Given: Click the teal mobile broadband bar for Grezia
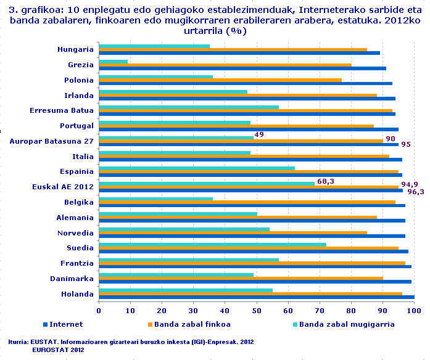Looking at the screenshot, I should pyautogui.click(x=114, y=61).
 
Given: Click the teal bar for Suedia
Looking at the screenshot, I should pyautogui.click(x=212, y=244).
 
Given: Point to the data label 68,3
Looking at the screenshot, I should pyautogui.click(x=326, y=181).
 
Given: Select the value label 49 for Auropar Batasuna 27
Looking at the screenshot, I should pyautogui.click(x=259, y=135).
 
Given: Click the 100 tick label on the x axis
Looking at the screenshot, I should pyautogui.click(x=415, y=310).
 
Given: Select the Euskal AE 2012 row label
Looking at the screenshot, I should pyautogui.click(x=63, y=187).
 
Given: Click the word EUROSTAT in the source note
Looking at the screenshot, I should pyautogui.click(x=51, y=350).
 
